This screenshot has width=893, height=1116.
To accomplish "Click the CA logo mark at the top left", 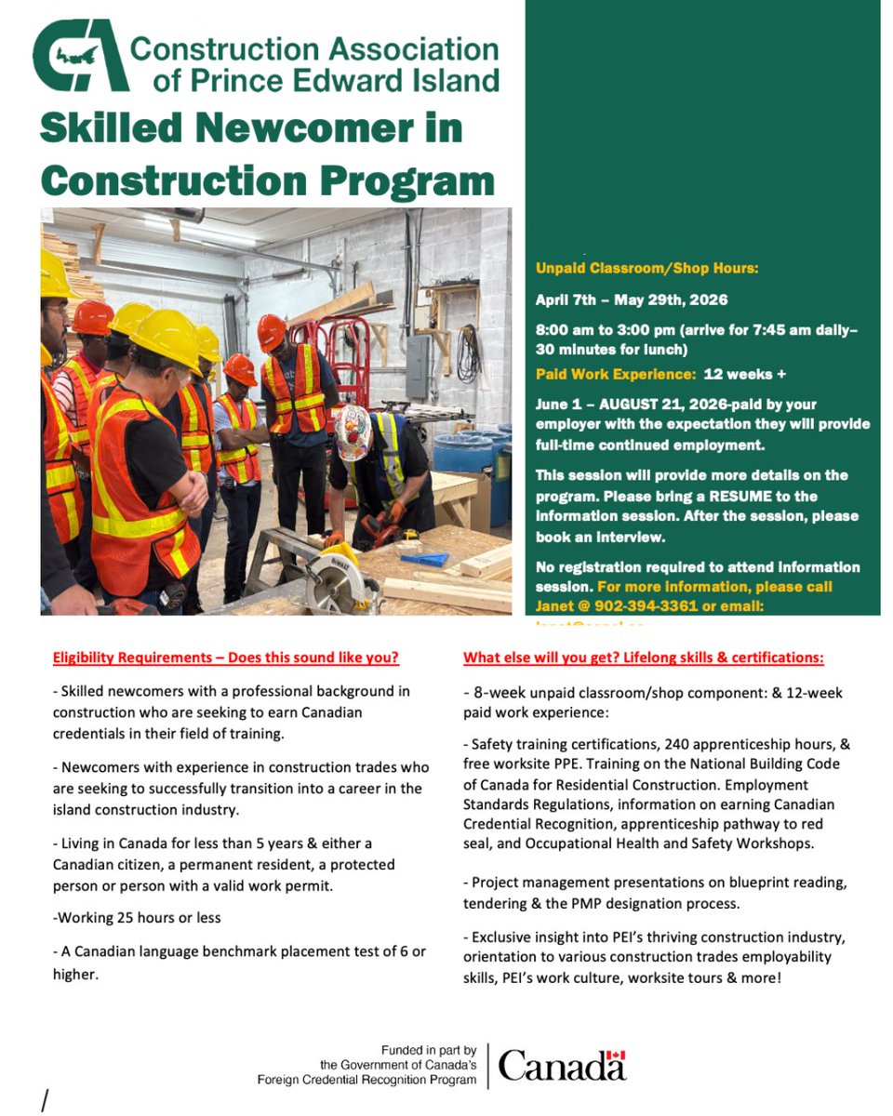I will (79, 59).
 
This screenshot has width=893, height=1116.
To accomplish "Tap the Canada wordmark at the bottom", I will (562, 1066).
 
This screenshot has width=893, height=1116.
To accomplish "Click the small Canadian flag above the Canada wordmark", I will (616, 1056).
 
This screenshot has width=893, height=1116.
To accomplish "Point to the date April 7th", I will (567, 299).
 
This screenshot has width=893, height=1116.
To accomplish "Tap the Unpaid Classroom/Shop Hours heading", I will (647, 269).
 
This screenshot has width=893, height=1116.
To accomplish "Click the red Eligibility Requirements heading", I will (226, 658).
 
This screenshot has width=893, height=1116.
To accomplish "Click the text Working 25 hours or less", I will (138, 917).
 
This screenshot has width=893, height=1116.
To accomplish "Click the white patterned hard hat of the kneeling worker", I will (354, 433).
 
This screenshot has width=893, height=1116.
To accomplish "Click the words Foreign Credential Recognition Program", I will (367, 1080).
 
